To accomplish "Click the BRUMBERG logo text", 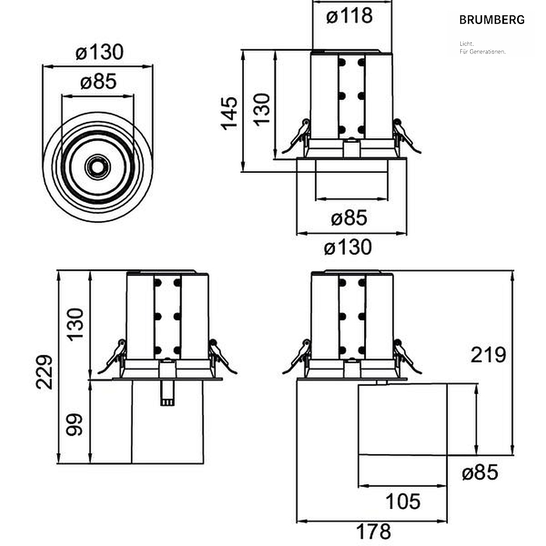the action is [492, 20].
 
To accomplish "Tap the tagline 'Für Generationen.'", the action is [483, 51].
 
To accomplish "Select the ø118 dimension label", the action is [349, 16].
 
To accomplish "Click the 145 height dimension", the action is [229, 114].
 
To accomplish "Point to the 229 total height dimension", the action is [44, 372].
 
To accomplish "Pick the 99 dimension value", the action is [74, 424].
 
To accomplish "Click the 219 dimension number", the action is [488, 355].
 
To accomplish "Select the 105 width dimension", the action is [403, 502].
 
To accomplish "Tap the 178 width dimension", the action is [373, 532].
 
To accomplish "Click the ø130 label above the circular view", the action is [99, 52].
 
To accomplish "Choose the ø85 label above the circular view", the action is [98, 82].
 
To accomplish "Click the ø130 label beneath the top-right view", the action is [348, 247].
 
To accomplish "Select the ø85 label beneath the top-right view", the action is [349, 218].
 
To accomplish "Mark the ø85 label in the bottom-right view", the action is [480, 472].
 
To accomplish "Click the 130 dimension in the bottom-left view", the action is [75, 324].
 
